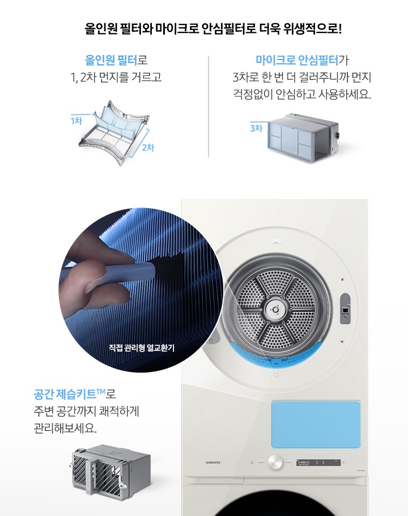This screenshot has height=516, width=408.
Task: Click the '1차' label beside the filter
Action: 76,120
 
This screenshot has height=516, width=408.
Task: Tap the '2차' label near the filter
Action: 148,147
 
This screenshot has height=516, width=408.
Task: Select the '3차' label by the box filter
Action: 256,128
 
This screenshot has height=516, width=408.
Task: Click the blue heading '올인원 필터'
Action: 111,60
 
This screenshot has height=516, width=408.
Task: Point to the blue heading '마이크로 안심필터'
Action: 297,60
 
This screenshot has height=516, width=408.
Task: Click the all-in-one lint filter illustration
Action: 114,133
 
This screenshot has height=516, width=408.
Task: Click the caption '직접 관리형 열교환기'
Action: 142,347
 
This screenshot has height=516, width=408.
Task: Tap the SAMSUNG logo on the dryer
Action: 212,463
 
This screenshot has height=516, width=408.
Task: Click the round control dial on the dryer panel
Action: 275,462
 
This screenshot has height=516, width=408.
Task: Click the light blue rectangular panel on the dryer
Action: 316,424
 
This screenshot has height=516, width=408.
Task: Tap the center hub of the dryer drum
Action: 276,309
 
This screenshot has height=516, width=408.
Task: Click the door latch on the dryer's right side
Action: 345,309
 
